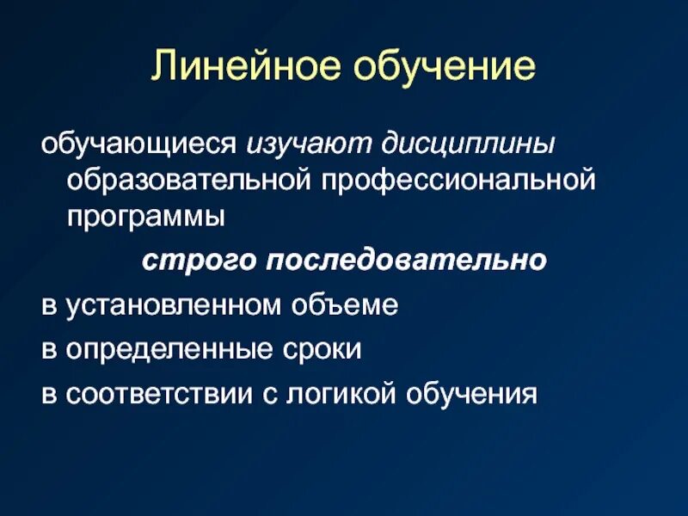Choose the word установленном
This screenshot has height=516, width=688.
(170, 305)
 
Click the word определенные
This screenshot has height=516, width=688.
(163, 350)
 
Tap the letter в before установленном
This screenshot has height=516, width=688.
(46, 306)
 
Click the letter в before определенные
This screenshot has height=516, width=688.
(46, 351)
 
